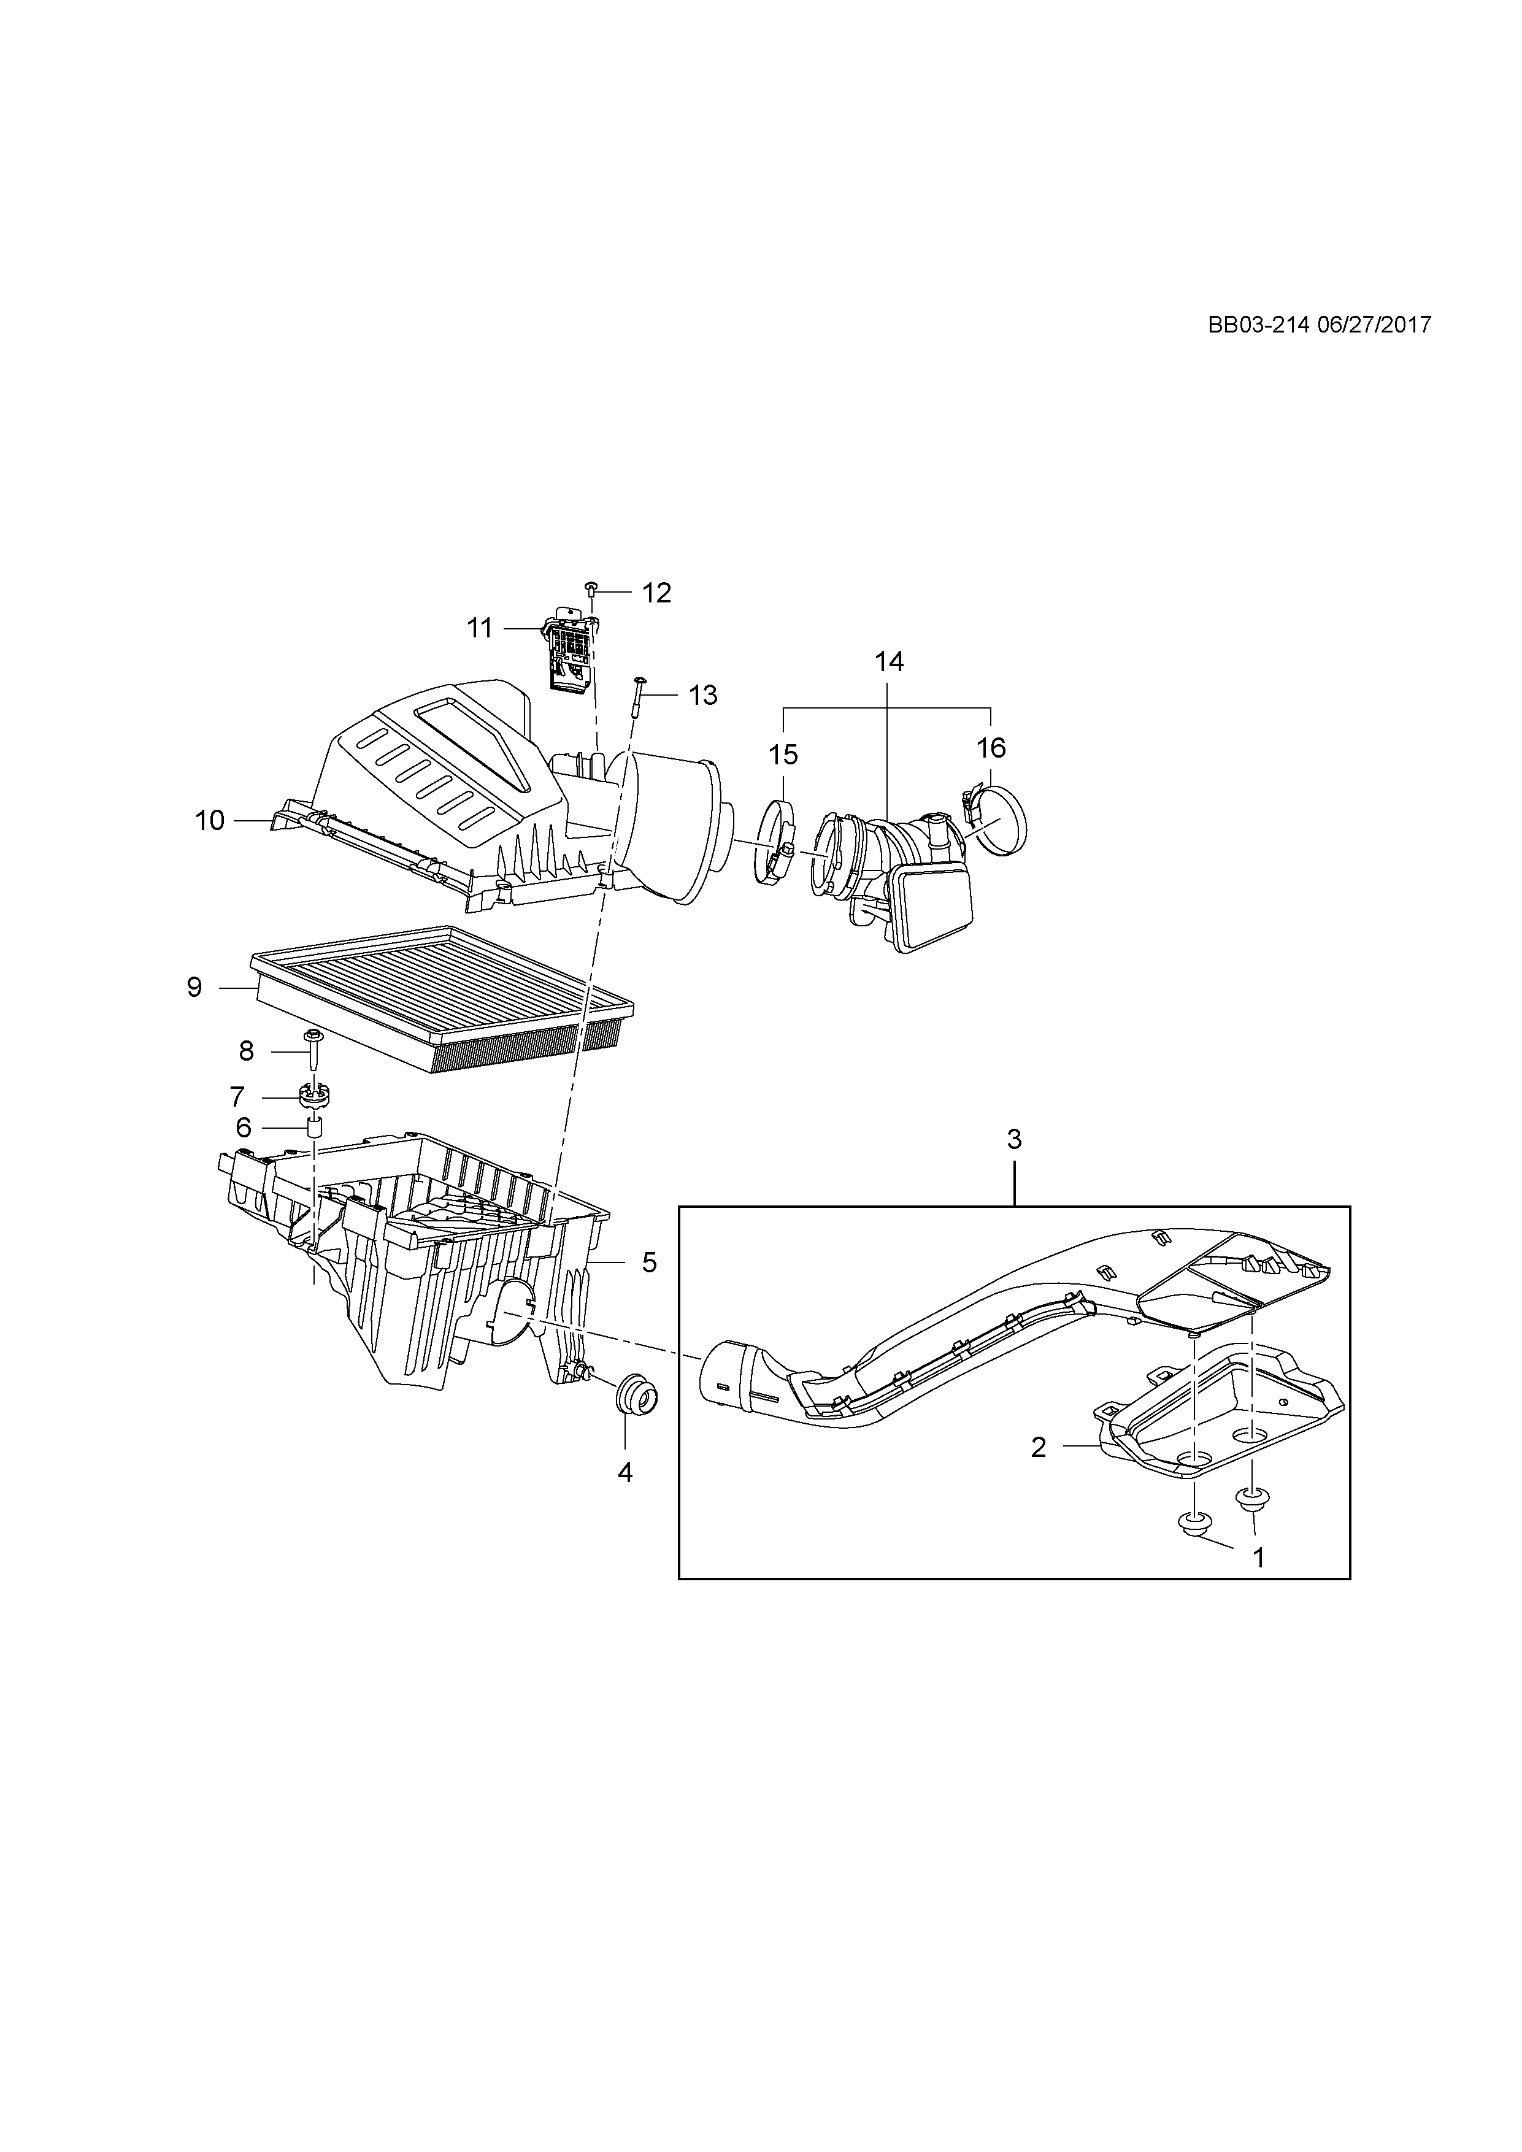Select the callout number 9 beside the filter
[x=194, y=987]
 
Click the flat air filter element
[x=440, y=994]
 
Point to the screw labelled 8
[x=312, y=1050]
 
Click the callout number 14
[x=890, y=662]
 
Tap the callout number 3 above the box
[x=1014, y=1140]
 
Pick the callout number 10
[x=210, y=821]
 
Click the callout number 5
[x=648, y=1262]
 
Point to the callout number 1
[x=1259, y=1557]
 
